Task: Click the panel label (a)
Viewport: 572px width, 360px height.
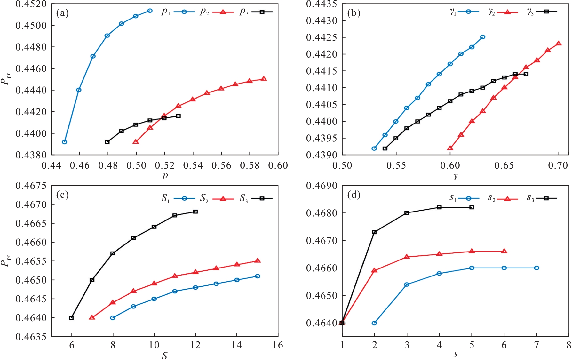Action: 62,13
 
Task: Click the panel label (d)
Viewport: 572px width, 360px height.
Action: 354,195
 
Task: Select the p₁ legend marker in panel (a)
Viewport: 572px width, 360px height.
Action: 184,12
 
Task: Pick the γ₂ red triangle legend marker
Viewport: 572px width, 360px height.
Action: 507,12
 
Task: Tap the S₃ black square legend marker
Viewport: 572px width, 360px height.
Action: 262,199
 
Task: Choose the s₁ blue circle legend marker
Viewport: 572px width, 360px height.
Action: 468,198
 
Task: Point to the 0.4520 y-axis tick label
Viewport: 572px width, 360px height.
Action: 31,4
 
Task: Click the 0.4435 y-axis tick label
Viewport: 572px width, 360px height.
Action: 322,4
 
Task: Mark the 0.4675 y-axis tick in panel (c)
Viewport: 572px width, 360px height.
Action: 31,186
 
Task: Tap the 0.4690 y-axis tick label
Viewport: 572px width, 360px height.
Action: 322,186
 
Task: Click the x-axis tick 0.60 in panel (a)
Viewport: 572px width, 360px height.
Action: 278,165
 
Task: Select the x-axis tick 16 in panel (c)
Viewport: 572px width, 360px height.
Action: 278,345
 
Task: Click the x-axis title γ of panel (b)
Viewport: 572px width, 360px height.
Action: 456,176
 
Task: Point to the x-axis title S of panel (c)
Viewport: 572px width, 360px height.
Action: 164,356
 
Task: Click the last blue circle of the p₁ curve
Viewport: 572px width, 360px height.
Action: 150,11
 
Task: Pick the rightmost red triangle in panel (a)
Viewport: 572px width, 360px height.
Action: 264,79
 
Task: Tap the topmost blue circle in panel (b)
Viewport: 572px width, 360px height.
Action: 483,37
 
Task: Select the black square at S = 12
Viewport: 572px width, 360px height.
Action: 195,212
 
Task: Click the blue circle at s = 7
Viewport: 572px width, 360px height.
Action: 536,268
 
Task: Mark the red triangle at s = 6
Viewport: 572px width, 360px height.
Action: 504,251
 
